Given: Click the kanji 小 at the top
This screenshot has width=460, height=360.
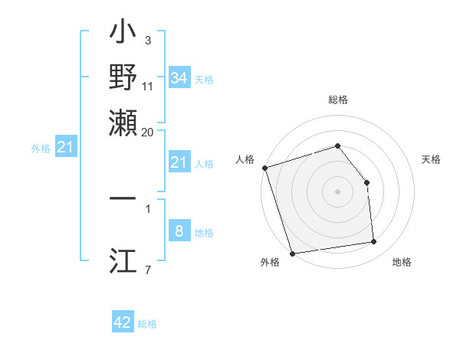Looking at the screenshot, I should coord(123,35).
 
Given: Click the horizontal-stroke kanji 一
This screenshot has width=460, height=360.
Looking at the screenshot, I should coord(123,198).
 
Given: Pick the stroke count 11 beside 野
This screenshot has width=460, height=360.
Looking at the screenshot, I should coord(148,87).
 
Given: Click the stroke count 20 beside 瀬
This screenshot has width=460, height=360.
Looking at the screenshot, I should coord(148,131).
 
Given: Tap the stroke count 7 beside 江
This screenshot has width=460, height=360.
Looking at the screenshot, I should coord(147,270).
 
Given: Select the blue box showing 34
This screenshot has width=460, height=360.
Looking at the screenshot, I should coord(179,78).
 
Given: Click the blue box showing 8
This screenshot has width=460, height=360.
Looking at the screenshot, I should coord(179,231).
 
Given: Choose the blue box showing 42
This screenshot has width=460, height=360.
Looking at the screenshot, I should coord(123,322).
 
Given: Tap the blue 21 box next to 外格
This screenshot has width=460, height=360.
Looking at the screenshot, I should coord(64,147).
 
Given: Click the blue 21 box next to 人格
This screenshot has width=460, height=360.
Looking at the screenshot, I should coord(179,162).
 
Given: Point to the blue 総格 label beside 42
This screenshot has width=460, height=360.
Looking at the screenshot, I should coord(147,324).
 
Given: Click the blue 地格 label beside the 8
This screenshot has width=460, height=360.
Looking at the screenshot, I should coord(204,233).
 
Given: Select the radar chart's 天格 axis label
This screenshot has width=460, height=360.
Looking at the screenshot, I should coord(431,159).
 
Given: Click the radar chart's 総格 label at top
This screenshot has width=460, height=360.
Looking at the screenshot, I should coord(338,100).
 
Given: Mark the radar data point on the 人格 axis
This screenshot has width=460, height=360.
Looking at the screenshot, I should coord(264,168).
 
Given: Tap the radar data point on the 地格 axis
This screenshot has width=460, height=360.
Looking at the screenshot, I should coord(374,242).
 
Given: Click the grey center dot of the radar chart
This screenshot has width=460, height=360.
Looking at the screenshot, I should coord(338,191).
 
